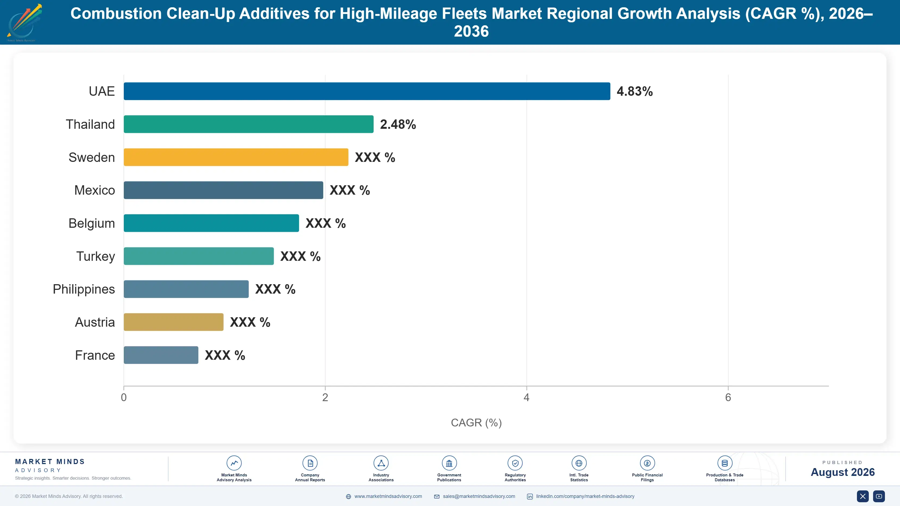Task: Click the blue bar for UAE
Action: click(367, 91)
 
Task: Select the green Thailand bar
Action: click(248, 124)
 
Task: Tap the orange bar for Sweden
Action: click(236, 157)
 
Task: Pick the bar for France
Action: click(161, 355)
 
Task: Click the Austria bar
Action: click(174, 322)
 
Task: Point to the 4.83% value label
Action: click(634, 91)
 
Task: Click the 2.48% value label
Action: click(398, 124)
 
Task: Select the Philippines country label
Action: click(84, 289)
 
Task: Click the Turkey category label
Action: click(95, 256)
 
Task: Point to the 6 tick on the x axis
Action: click(728, 397)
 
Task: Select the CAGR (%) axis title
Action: click(476, 423)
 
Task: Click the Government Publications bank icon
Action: click(449, 463)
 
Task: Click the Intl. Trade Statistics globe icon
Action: click(579, 463)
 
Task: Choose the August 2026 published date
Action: click(843, 472)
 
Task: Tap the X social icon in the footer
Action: click(863, 496)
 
